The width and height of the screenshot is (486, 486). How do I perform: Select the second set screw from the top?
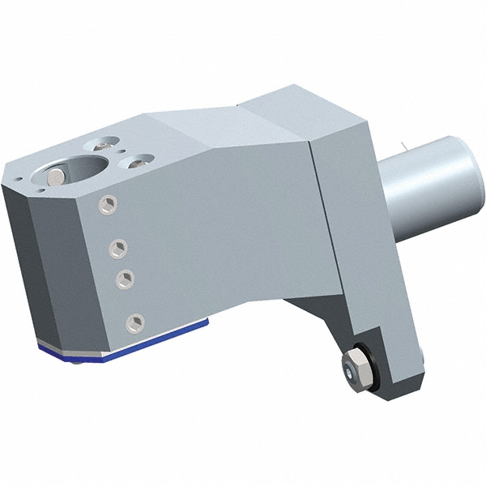[118, 246]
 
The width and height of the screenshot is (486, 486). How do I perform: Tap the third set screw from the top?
[125, 278]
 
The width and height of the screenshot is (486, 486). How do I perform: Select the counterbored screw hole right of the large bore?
[139, 160]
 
